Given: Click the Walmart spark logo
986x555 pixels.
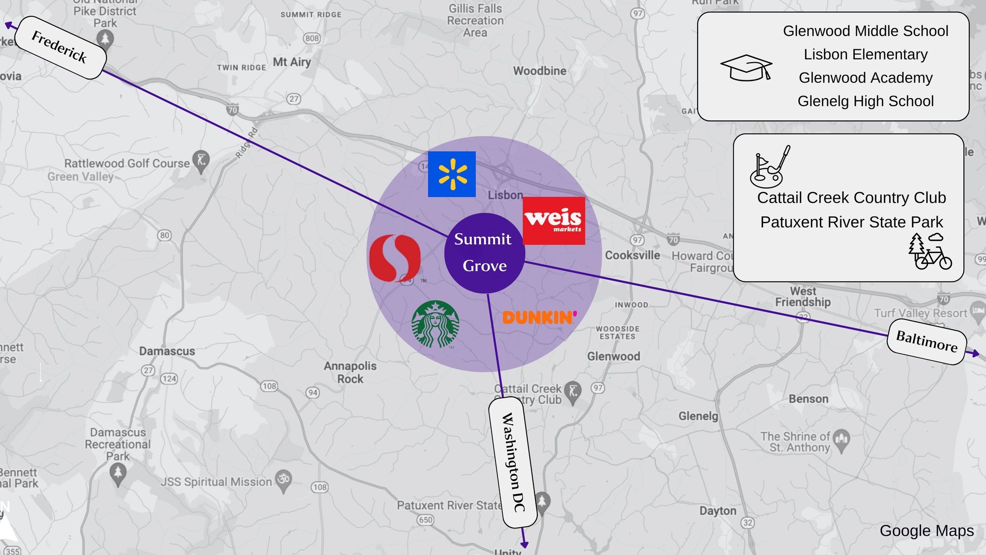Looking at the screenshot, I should pyautogui.click(x=452, y=174).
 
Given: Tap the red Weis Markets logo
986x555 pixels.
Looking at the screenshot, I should pyautogui.click(x=554, y=221).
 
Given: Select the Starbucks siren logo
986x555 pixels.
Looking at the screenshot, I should pyautogui.click(x=435, y=324).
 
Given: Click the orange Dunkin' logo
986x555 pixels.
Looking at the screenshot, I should pyautogui.click(x=539, y=317).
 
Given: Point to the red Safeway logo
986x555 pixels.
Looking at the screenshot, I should pyautogui.click(x=395, y=258).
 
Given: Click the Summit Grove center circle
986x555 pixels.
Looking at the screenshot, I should pyautogui.click(x=484, y=253).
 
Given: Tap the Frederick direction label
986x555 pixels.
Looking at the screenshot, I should pyautogui.click(x=60, y=47).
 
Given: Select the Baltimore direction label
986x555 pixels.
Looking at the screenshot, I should pyautogui.click(x=926, y=341).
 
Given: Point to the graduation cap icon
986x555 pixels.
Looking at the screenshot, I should pyautogui.click(x=746, y=67).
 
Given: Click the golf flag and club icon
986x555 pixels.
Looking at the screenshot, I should pyautogui.click(x=769, y=166).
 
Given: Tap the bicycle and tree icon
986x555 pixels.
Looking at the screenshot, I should pyautogui.click(x=929, y=252).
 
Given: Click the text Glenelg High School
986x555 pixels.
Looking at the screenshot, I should pyautogui.click(x=865, y=101).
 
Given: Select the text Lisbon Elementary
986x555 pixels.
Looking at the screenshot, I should pyautogui.click(x=865, y=54).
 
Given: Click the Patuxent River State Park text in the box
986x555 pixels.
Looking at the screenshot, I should pyautogui.click(x=851, y=222).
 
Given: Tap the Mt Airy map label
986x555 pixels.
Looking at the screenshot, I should pyautogui.click(x=292, y=62).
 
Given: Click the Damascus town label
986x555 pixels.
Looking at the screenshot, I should pyautogui.click(x=167, y=351).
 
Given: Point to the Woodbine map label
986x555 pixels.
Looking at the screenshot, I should pyautogui.click(x=540, y=71).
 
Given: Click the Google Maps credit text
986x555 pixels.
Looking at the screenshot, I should pyautogui.click(x=926, y=531).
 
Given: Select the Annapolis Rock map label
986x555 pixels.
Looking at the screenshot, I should pyautogui.click(x=350, y=372).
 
